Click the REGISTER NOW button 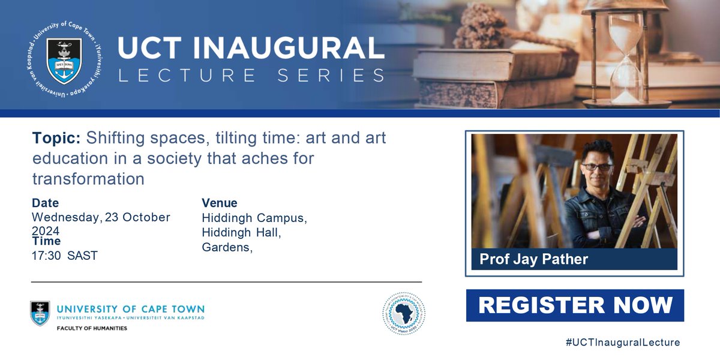[x=575, y=305]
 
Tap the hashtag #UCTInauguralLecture [x=623, y=343]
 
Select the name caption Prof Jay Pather [x=533, y=259]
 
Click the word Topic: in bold [x=56, y=139]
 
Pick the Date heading [x=45, y=203]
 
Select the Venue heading [x=220, y=203]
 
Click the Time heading [x=46, y=241]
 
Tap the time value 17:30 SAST [x=65, y=256]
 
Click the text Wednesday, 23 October [x=101, y=217]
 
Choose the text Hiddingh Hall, [x=241, y=232]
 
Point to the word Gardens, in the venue [x=227, y=247]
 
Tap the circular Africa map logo [x=404, y=314]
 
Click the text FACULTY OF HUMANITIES [x=92, y=328]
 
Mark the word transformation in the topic [x=88, y=179]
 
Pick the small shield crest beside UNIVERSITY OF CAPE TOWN [x=40, y=313]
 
